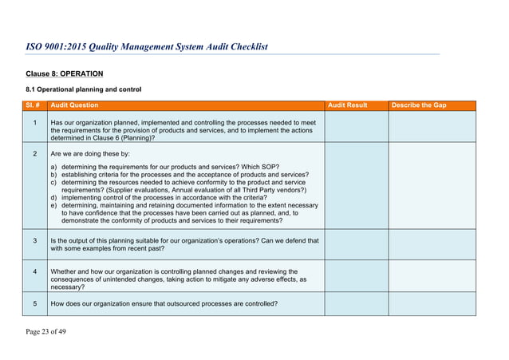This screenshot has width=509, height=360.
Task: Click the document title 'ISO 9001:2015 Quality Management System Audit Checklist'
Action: [147, 46]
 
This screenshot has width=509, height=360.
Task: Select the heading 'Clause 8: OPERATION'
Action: [64, 73]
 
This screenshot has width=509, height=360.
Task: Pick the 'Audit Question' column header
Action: [74, 105]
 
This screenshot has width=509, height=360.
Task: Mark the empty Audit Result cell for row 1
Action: [356, 128]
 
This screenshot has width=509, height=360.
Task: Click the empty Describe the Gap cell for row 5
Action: [432, 304]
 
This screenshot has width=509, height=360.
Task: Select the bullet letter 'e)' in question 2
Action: [54, 205]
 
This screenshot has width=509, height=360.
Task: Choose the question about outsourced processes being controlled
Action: [164, 303]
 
